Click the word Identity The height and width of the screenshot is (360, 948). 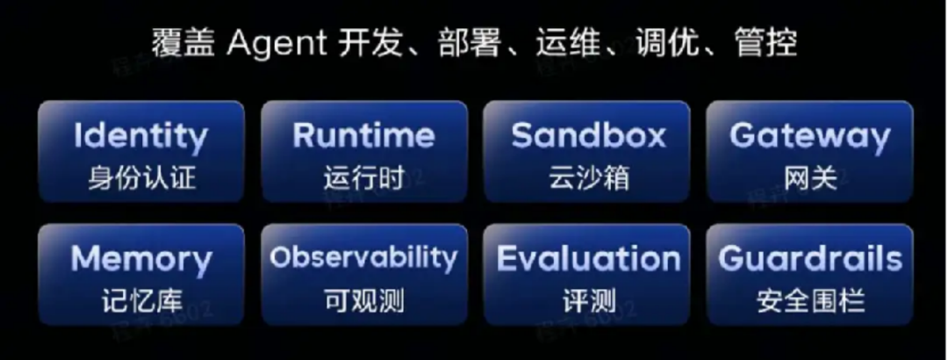(140, 136)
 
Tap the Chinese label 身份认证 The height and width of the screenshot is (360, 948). (140, 178)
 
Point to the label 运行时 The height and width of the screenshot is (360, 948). (363, 178)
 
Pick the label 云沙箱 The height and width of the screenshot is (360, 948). (588, 178)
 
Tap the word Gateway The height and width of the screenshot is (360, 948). (809, 136)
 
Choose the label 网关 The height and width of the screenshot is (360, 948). (809, 178)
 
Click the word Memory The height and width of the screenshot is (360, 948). (140, 259)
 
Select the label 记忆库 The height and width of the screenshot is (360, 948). (140, 301)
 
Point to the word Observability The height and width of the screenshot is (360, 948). (363, 257)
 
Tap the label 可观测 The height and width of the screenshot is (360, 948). (363, 301)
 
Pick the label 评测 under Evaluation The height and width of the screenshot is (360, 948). (588, 301)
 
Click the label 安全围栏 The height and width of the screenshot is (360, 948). (809, 301)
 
